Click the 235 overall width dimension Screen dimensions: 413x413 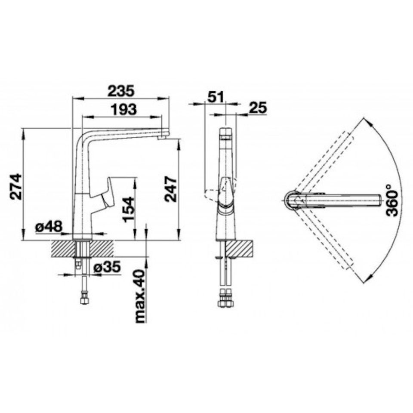pos(121,91)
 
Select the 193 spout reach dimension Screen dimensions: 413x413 pos(124,109)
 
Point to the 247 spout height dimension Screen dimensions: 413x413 pos(171,189)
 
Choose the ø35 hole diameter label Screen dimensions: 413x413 pos(107,267)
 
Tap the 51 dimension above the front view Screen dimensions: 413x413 pos(216,97)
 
